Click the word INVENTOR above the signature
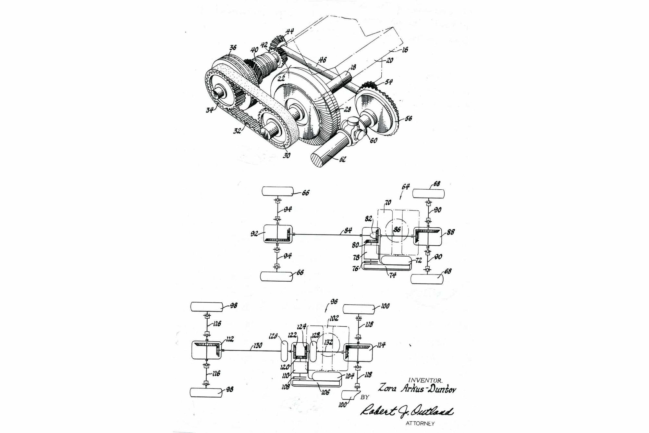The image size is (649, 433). (x=425, y=380)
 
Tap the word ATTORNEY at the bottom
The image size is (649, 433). (x=420, y=424)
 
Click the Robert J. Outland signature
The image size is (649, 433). (x=407, y=412)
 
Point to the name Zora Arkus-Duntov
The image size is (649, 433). (x=417, y=388)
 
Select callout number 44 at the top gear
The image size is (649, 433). (x=289, y=32)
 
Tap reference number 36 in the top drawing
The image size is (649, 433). (x=233, y=48)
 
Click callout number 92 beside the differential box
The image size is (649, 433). (x=255, y=234)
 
